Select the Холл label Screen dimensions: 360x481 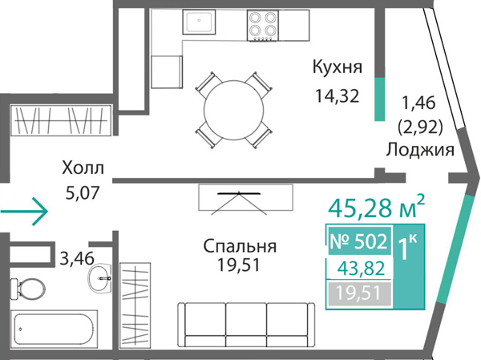point(83,168)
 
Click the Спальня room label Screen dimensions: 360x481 point(240,246)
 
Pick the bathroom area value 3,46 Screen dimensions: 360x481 point(77,259)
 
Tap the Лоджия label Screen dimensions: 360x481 point(420,150)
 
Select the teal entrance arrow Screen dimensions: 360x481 point(25,212)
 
